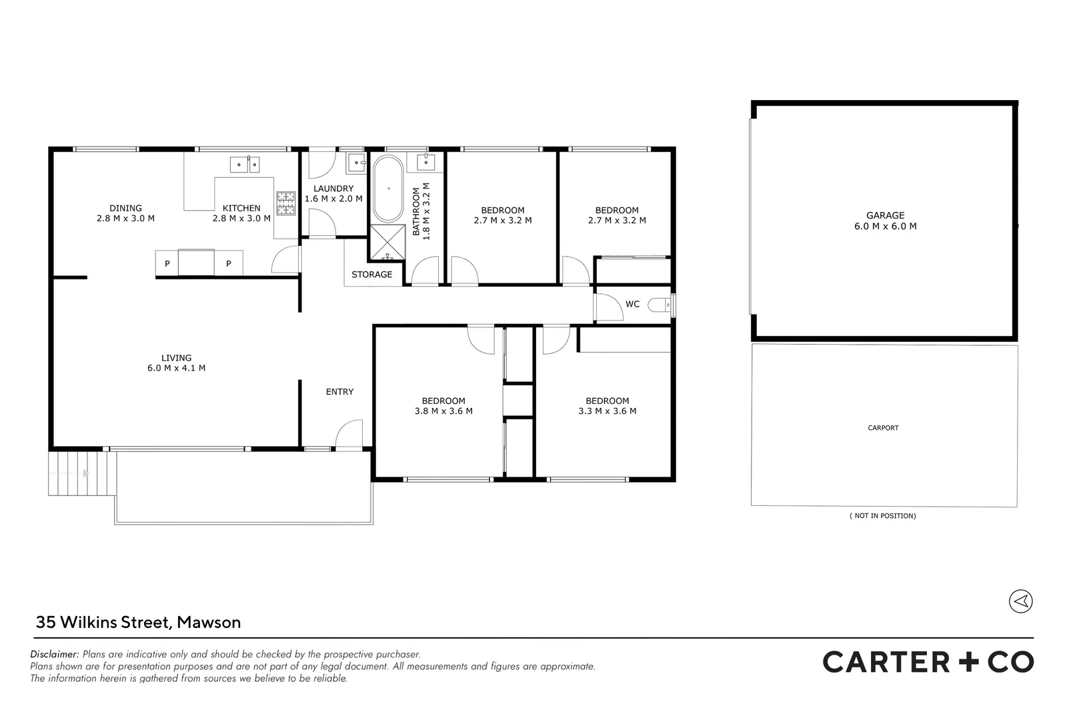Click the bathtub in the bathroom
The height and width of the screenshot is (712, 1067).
point(387,189)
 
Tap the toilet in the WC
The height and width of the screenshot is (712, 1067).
point(660,305)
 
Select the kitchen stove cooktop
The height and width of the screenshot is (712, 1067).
point(286,204)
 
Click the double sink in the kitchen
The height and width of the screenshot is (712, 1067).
point(245,164)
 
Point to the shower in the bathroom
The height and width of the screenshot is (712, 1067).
point(387,243)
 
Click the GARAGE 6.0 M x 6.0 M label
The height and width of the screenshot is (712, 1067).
point(885,221)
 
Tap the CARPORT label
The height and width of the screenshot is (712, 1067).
point(883,428)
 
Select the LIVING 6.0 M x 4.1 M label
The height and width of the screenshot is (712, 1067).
point(176,363)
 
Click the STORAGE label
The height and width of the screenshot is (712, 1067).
point(371,275)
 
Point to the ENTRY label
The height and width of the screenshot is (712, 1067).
point(339,392)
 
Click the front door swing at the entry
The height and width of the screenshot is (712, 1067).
point(348,435)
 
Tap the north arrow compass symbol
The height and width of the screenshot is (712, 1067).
point(1020,601)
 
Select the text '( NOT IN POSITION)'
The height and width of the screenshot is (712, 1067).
point(882,516)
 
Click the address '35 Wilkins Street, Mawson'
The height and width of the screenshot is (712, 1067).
point(138,623)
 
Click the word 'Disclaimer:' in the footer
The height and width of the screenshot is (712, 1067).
point(55,655)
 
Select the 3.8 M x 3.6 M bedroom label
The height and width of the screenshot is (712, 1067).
point(443,406)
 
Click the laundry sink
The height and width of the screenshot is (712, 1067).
point(356,162)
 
